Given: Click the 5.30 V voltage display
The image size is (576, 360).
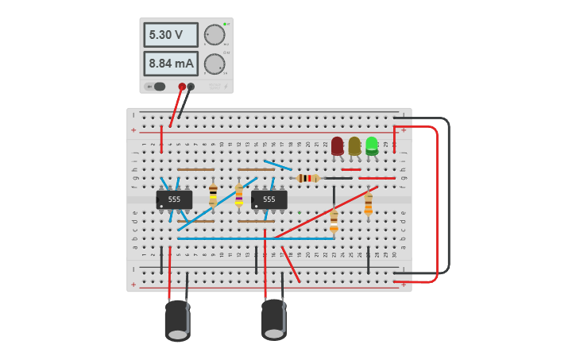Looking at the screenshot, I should [x=170, y=35].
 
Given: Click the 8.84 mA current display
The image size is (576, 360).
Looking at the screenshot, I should [x=170, y=64].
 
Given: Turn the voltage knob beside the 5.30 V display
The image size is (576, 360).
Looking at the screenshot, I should [x=214, y=35].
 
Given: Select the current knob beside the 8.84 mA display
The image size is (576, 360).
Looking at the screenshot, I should [x=214, y=64].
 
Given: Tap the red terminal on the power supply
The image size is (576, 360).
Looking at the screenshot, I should [x=182, y=87].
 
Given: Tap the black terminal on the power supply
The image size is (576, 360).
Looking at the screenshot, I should [x=191, y=87].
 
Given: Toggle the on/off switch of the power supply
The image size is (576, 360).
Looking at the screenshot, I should [x=157, y=87].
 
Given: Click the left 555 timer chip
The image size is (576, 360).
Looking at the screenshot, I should [x=174, y=199].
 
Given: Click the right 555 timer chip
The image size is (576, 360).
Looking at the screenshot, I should [x=269, y=199].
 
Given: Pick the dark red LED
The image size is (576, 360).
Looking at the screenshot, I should [x=338, y=145].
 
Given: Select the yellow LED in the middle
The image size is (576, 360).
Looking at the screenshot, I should [x=354, y=145].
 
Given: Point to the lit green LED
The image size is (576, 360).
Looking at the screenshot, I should [x=371, y=145].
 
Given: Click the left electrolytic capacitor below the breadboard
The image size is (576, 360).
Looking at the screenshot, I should [x=177, y=320].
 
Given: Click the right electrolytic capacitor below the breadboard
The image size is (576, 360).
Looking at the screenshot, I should [x=274, y=319].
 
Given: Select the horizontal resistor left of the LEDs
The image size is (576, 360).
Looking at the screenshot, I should [x=307, y=178].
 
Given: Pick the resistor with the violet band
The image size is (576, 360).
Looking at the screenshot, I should [x=239, y=194].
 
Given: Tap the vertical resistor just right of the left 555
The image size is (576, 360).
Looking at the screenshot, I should [x=213, y=195].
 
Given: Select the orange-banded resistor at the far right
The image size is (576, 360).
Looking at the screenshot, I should [x=368, y=203].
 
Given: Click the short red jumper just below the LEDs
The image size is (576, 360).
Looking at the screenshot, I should [x=350, y=169].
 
